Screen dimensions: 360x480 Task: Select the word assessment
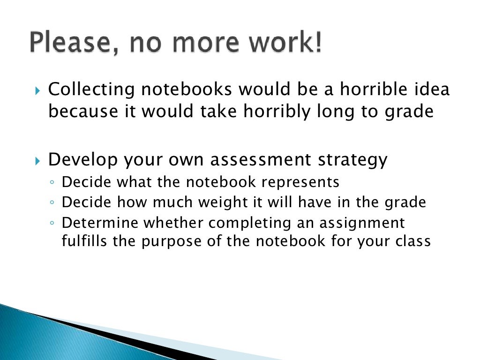pyautogui.click(x=260, y=160)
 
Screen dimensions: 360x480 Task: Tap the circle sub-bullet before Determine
pyautogui.click(x=53, y=224)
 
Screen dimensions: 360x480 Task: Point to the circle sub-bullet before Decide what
pyautogui.click(x=53, y=182)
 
